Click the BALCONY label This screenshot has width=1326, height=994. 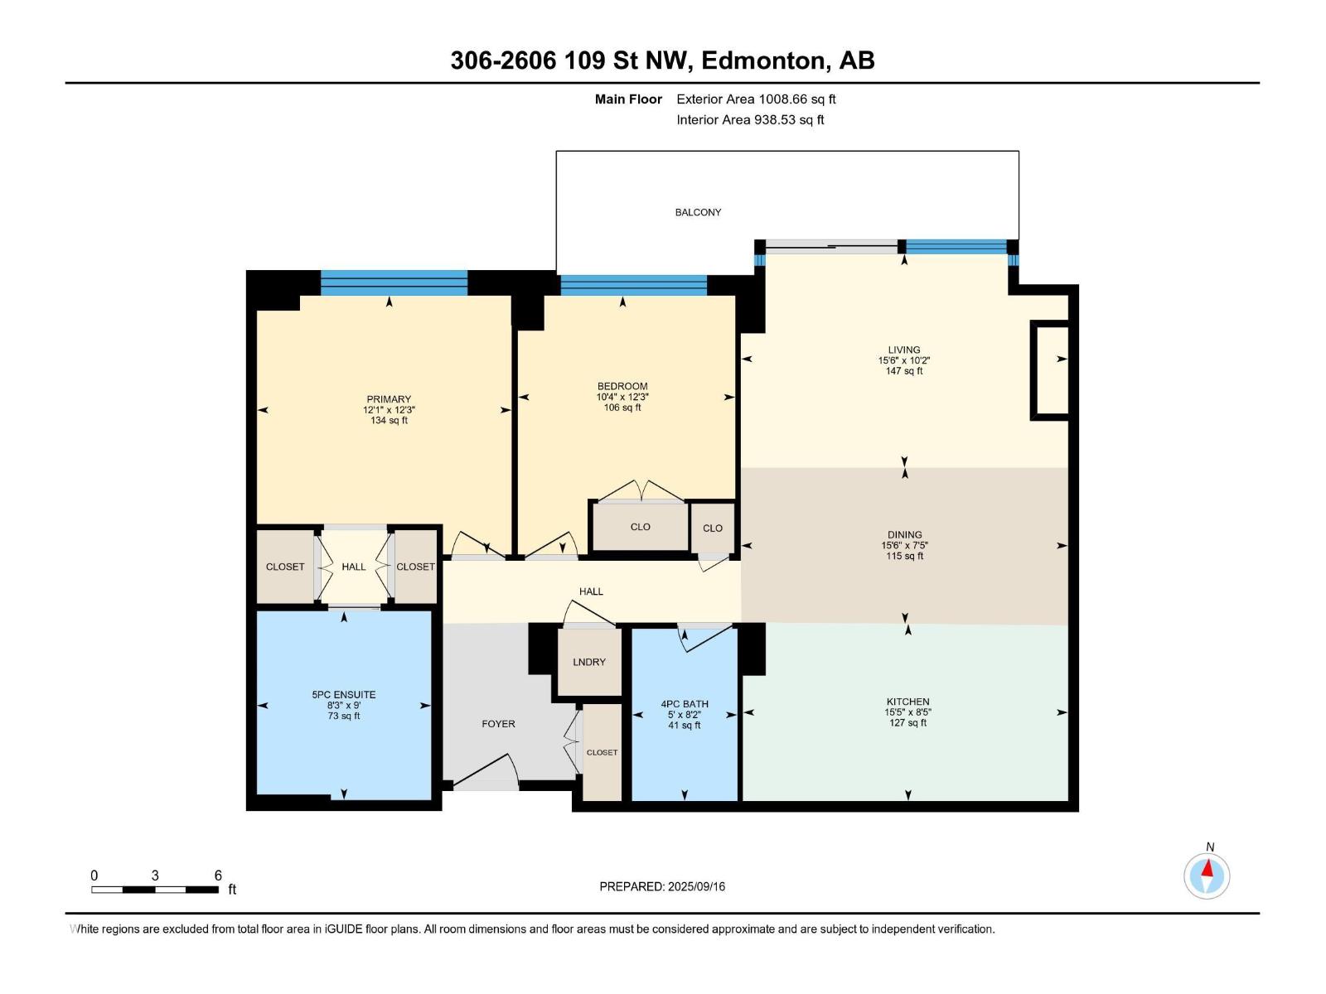[698, 212]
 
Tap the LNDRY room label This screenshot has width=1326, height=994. [589, 662]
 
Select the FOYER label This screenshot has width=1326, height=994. [498, 724]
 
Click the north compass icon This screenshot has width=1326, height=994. [1207, 876]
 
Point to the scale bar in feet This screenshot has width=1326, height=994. [156, 889]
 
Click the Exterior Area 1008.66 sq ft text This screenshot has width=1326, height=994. [756, 99]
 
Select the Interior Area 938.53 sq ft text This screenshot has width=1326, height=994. [750, 120]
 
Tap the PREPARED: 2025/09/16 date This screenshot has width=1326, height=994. [662, 886]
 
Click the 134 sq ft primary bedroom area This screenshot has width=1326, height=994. [389, 421]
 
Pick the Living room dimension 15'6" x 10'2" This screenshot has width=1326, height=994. [903, 360]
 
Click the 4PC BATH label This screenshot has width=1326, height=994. [685, 704]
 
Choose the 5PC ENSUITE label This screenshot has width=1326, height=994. [344, 695]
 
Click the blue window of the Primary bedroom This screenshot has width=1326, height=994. [394, 282]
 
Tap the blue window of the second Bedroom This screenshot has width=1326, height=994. [633, 285]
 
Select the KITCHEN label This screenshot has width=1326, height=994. [907, 702]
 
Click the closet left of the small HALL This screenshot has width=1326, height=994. [285, 567]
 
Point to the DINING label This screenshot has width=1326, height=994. [904, 535]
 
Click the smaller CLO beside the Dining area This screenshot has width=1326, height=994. [713, 528]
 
